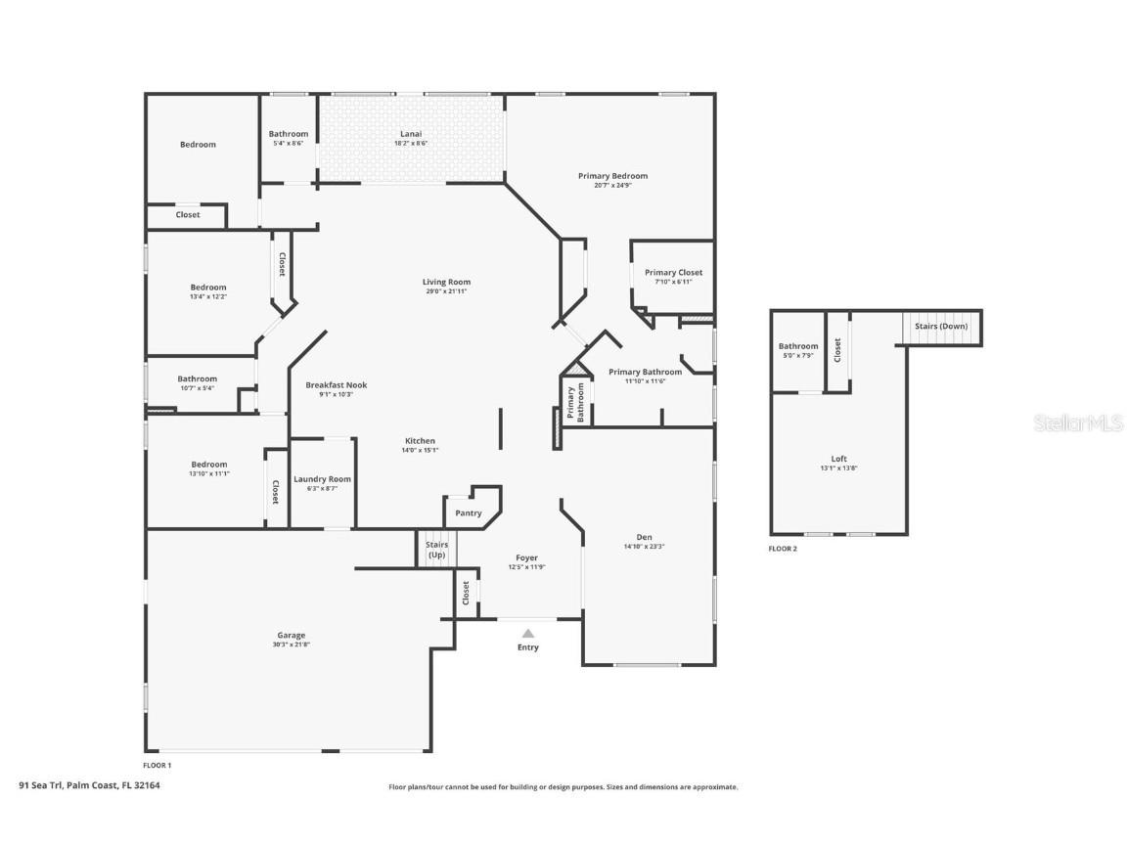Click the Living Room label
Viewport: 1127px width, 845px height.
(447, 282)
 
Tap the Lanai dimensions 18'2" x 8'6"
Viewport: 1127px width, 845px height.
(411, 144)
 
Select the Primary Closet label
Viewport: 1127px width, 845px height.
(673, 273)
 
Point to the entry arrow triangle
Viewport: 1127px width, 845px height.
(527, 633)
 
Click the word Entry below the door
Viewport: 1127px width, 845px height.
(527, 647)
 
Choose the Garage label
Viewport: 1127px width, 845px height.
(291, 635)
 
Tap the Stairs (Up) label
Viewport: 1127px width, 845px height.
(436, 550)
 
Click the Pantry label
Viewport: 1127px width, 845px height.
(469, 513)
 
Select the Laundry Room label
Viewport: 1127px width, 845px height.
(322, 479)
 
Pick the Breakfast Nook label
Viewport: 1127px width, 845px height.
(336, 385)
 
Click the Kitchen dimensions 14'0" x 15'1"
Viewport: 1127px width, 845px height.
(421, 451)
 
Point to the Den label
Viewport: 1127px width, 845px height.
(644, 537)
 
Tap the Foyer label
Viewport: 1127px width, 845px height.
(527, 557)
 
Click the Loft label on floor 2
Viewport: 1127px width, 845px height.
(839, 459)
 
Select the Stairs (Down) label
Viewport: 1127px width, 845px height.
(941, 326)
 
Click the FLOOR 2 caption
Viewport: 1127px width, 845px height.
(783, 549)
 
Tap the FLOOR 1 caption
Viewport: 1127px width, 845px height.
(158, 765)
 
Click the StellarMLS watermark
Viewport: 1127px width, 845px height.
(1078, 422)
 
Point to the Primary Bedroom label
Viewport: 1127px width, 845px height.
(612, 176)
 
